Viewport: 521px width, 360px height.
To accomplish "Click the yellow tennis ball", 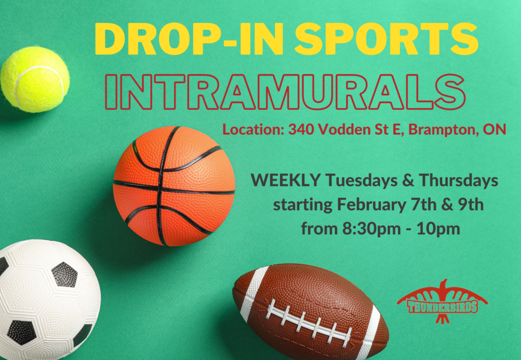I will (x=35, y=79).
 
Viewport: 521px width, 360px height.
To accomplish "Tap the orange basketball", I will (x=173, y=186).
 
